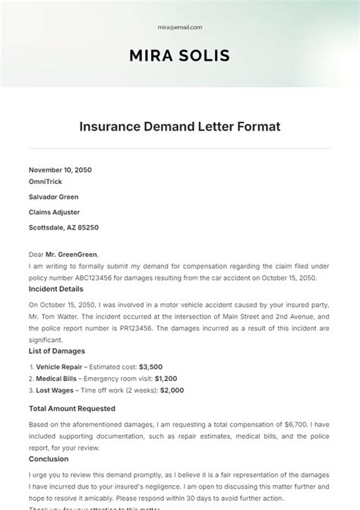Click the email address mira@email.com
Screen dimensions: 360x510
tap(180, 27)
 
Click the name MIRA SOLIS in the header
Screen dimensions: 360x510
tap(180, 55)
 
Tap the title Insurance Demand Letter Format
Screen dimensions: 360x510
tap(180, 126)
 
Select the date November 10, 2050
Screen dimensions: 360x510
tap(60, 170)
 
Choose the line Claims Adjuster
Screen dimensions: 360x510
tap(54, 212)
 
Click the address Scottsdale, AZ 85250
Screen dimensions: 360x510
tap(64, 227)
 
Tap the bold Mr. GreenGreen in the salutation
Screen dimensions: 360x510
tap(73, 255)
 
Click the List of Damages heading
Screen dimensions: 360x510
tap(57, 351)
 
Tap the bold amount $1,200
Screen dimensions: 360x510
tap(166, 379)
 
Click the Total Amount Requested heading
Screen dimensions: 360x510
tap(72, 408)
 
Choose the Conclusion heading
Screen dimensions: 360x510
tap(49, 459)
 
